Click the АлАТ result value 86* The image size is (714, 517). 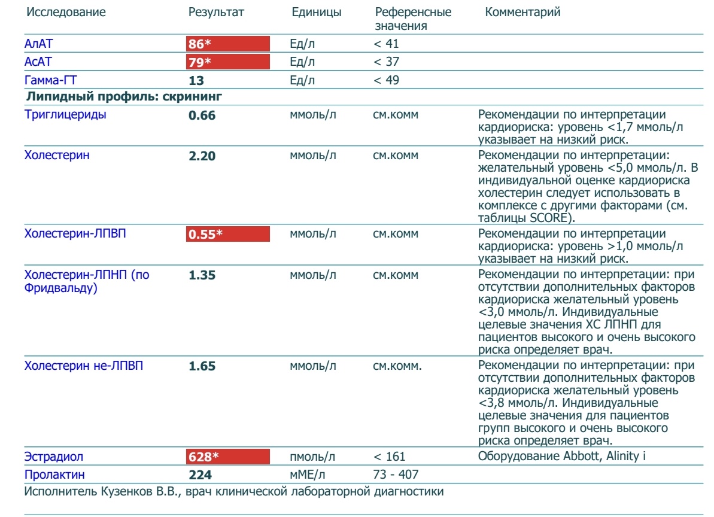(200, 44)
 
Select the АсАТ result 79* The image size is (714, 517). (200, 62)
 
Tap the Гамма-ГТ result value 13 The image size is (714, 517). (196, 81)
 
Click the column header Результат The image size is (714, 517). (216, 13)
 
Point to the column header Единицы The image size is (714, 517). (317, 13)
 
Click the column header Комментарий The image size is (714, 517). (522, 13)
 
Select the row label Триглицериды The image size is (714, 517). (65, 114)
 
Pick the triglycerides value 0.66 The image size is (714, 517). (202, 115)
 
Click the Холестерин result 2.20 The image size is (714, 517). (202, 156)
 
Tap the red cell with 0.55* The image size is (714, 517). (227, 234)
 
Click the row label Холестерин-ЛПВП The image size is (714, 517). (75, 233)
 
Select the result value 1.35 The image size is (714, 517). (202, 275)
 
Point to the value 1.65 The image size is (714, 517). (202, 366)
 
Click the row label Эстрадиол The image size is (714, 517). (54, 457)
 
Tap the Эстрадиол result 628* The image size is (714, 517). (203, 457)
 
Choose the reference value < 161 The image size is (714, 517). (389, 457)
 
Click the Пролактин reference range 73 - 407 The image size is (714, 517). (396, 475)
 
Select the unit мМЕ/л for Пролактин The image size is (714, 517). (308, 475)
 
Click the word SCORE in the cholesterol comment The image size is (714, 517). (549, 218)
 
